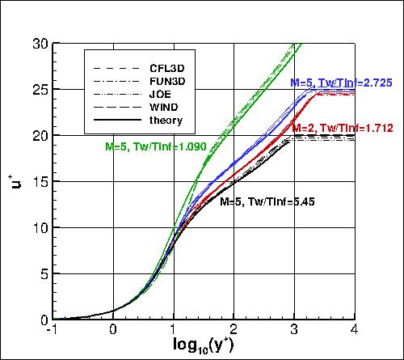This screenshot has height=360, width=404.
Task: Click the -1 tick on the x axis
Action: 52,330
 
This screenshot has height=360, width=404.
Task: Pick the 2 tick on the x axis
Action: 234,330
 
